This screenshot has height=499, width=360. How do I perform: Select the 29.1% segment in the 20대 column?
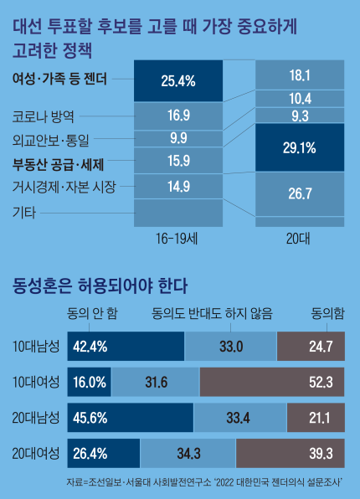pos(299,147)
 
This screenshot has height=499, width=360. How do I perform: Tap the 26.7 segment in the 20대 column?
pos(299,193)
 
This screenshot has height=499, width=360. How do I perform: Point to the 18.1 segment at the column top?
pos(299,75)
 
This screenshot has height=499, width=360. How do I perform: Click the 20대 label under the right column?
pos(299,239)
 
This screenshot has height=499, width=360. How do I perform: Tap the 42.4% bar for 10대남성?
pos(125,346)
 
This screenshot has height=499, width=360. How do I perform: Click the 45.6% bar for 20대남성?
pos(129,417)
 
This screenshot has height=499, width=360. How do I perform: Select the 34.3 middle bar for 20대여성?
pos(188,453)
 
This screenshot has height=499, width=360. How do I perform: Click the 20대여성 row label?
pos(36,453)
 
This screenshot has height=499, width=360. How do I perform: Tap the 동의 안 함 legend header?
pos(92,313)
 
